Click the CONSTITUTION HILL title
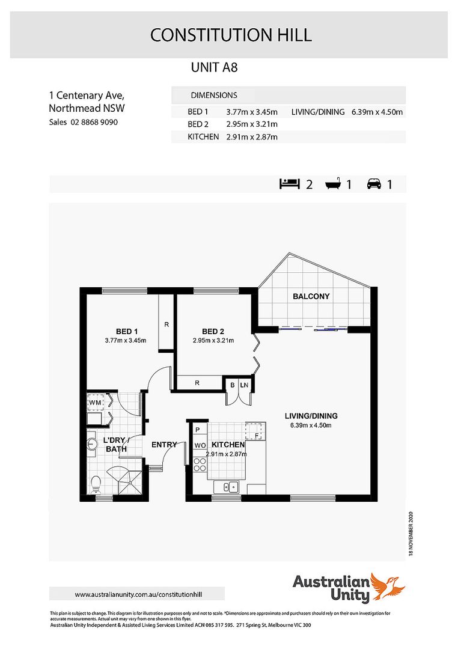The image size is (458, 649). [231, 35]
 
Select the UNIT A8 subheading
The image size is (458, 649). [214, 67]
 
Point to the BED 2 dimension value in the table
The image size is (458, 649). [251, 124]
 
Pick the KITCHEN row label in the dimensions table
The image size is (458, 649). [203, 137]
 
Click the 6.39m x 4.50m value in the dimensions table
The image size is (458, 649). [377, 112]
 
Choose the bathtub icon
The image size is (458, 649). [334, 184]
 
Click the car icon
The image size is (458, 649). [374, 184]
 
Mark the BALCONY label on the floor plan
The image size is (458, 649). [311, 296]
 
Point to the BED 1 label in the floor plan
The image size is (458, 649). [127, 331]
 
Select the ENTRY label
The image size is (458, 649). [164, 445]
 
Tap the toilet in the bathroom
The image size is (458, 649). [96, 483]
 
